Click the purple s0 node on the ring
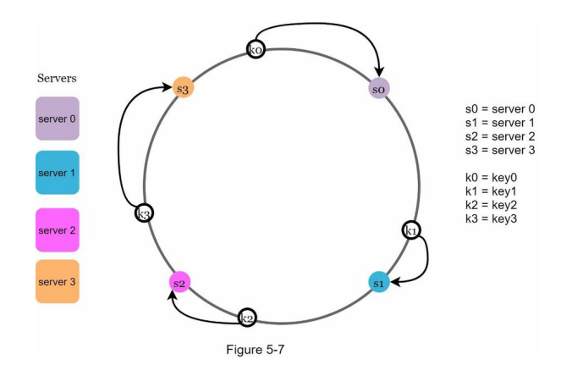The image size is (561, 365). pos(378,87)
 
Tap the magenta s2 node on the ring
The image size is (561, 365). pos(179,281)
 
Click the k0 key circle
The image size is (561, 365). pos(255,50)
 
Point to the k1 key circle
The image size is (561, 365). pos(411,230)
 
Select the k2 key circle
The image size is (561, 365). pos(246,318)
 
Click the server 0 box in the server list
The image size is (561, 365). pos(57,118)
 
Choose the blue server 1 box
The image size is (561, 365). pos(57,173)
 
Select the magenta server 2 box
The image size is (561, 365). pos(57,230)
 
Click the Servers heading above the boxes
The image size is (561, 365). pos(58,79)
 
